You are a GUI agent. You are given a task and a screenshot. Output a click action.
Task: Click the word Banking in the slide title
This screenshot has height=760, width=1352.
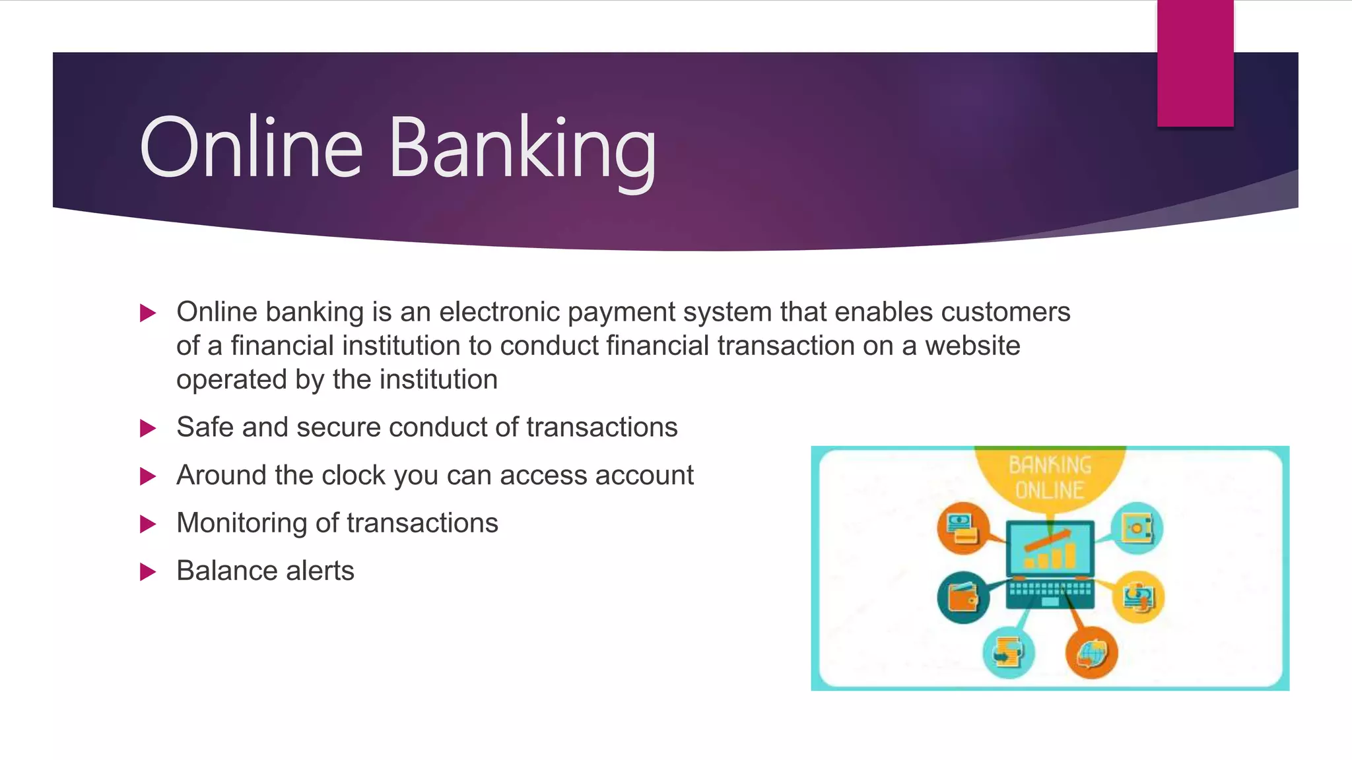click(523, 148)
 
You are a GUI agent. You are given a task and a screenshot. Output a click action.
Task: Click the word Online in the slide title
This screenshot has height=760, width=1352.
click(251, 148)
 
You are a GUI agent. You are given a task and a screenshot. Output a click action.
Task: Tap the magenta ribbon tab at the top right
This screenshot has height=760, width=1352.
click(1195, 63)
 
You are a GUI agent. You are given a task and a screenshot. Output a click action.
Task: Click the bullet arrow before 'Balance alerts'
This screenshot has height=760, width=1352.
click(148, 571)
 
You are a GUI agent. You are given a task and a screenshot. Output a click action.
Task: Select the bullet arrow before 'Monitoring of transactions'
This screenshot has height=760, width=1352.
click(148, 524)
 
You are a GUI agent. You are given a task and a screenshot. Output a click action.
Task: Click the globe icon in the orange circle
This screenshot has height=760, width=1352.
click(1091, 652)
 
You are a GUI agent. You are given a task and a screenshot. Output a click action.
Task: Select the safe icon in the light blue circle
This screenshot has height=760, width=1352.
click(1136, 528)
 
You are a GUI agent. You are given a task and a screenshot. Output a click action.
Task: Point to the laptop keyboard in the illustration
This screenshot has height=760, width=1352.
click(1050, 590)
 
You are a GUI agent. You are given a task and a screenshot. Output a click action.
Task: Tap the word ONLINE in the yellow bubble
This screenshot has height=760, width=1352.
click(1050, 491)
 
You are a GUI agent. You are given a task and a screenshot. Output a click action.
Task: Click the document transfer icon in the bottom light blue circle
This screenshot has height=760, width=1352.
click(1008, 652)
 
